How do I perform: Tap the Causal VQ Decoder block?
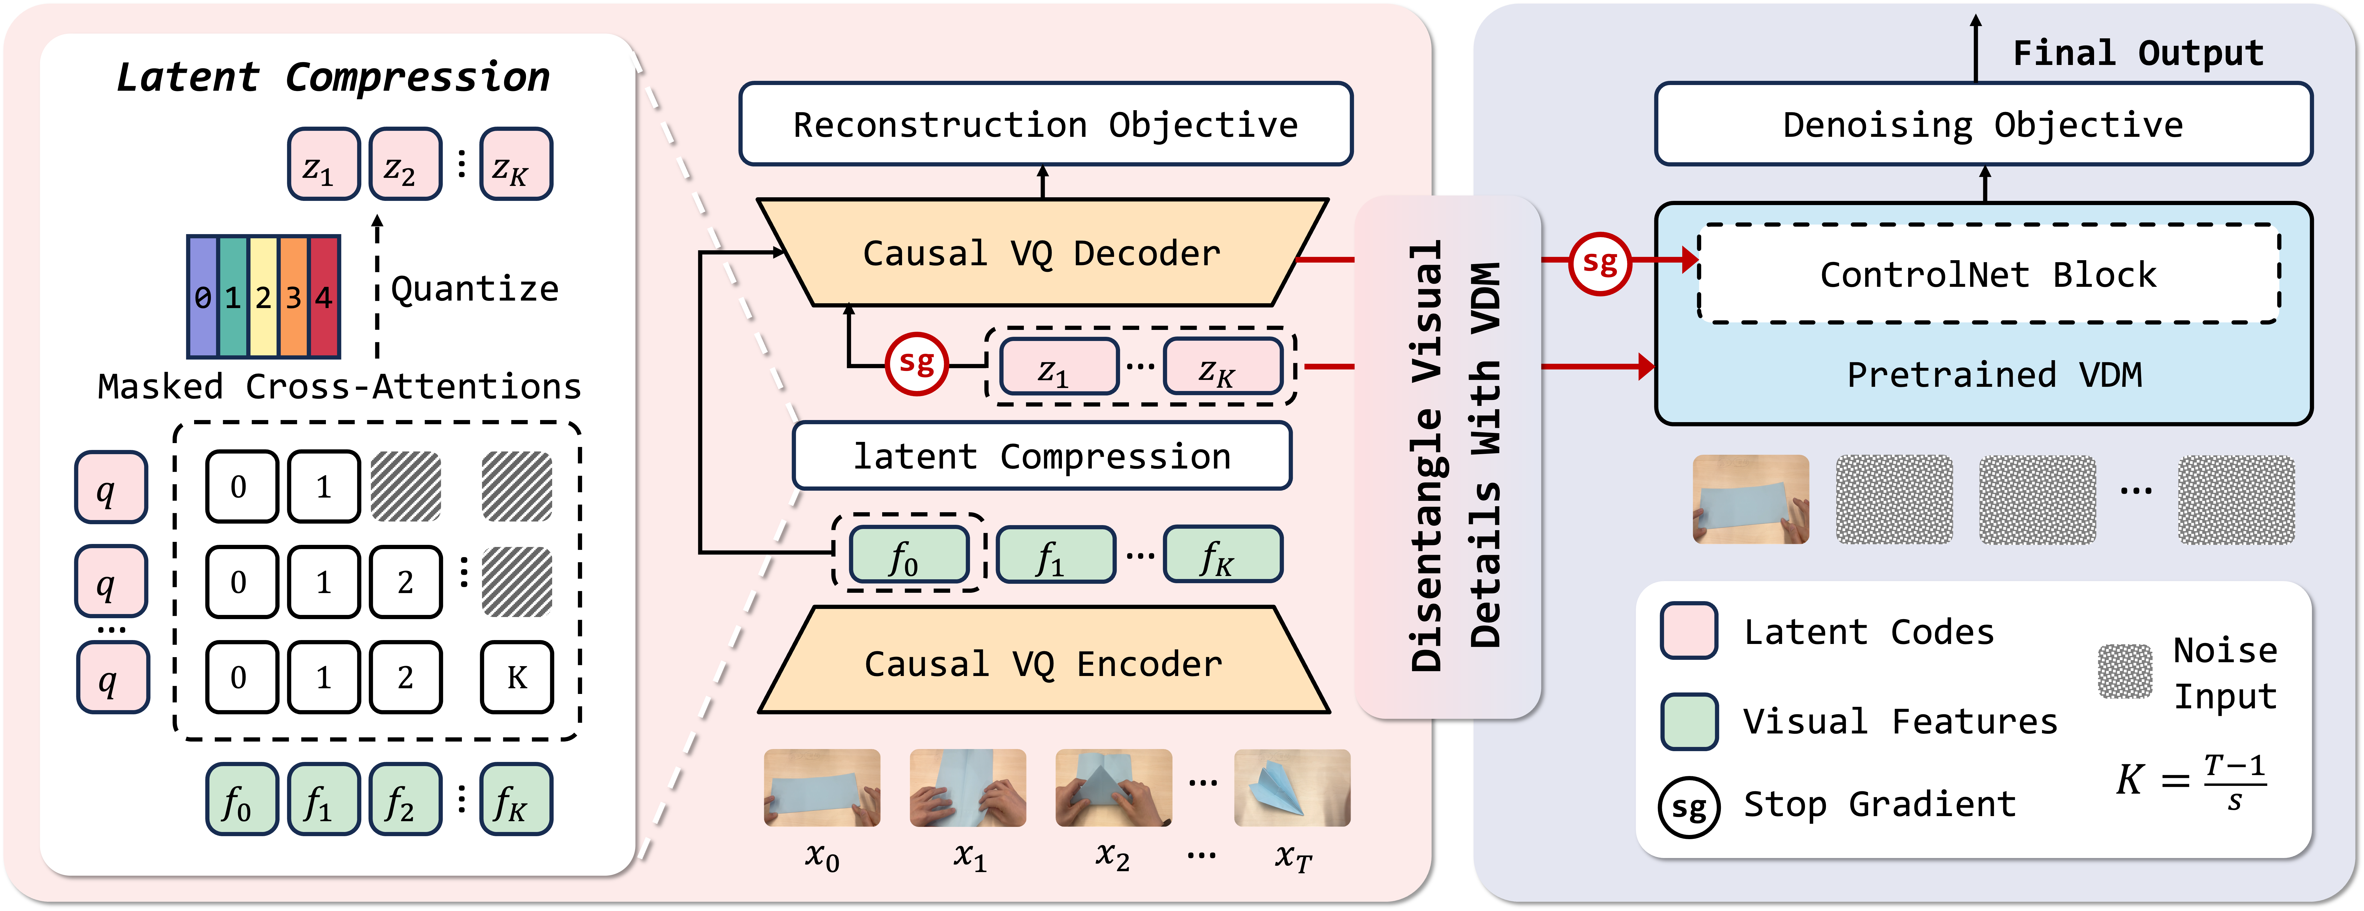1042,253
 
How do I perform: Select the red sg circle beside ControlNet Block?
1600,263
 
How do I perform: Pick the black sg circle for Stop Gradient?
1689,807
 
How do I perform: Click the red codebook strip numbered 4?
324,296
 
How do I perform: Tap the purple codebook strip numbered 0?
203,296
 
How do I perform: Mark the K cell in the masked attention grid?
517,677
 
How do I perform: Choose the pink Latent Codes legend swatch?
1689,631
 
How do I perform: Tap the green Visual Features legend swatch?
1689,721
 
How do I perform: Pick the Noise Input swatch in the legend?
2124,671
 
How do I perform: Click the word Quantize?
474,289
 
